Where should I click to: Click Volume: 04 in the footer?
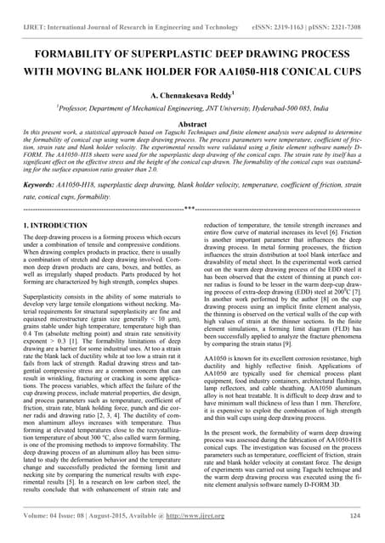pos(45,514)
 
